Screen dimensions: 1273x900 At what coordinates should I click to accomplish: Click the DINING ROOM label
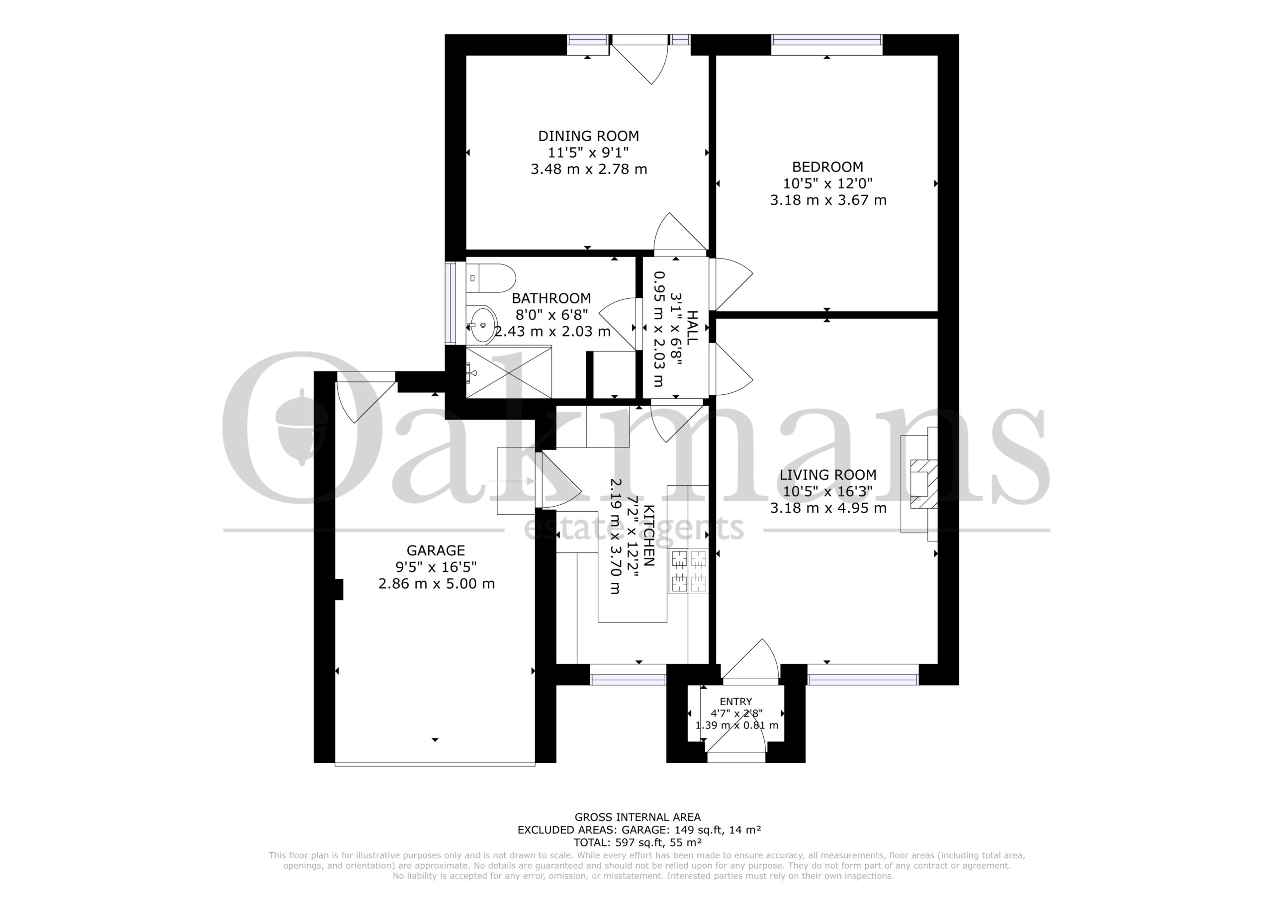click(x=588, y=136)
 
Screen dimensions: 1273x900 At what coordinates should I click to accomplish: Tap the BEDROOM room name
click(x=827, y=167)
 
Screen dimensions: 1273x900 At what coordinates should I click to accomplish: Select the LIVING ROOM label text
click(x=828, y=475)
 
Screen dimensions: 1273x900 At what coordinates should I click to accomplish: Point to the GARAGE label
click(x=436, y=550)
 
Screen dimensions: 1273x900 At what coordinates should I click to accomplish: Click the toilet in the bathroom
click(x=490, y=278)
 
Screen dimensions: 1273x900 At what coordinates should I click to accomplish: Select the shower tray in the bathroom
click(x=509, y=371)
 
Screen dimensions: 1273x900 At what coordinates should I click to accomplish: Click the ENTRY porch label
click(x=736, y=702)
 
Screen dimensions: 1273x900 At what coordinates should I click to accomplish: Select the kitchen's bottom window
click(x=628, y=679)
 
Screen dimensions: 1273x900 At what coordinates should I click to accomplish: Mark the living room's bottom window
click(x=863, y=679)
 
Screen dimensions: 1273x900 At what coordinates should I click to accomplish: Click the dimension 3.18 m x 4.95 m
click(x=828, y=508)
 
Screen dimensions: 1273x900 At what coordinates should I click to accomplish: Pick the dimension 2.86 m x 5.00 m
click(x=436, y=584)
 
